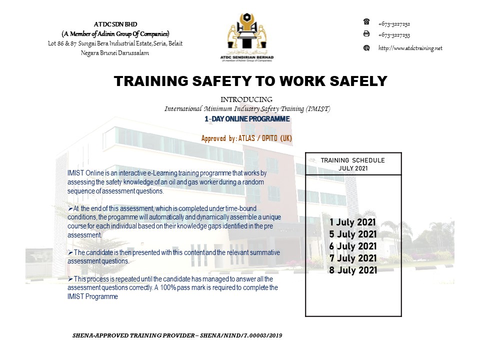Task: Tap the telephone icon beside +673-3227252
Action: pyautogui.click(x=366, y=22)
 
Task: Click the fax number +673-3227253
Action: pyautogui.click(x=394, y=35)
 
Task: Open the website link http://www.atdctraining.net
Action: pyautogui.click(x=410, y=48)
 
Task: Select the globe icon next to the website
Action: pyautogui.click(x=366, y=48)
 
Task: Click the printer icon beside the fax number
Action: pyautogui.click(x=366, y=34)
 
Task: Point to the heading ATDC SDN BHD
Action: pyautogui.click(x=115, y=24)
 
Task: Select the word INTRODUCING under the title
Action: pyautogui.click(x=247, y=99)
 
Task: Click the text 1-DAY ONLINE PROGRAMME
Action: pyautogui.click(x=247, y=119)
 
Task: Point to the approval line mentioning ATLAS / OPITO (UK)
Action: pyautogui.click(x=246, y=138)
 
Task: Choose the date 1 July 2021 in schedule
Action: pyautogui.click(x=353, y=222)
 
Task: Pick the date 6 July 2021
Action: pyautogui.click(x=353, y=246)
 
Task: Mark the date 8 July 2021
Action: pyautogui.click(x=353, y=270)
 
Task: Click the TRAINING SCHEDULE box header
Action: pyautogui.click(x=353, y=164)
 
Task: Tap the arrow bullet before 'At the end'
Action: pyautogui.click(x=70, y=208)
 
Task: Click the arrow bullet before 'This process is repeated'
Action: pyautogui.click(x=70, y=278)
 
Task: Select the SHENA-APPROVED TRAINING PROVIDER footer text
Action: pyautogui.click(x=177, y=335)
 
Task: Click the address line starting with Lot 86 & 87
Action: pyautogui.click(x=115, y=43)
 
